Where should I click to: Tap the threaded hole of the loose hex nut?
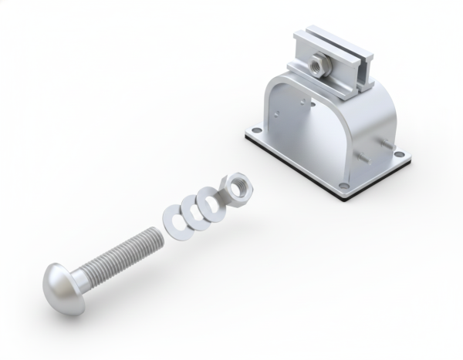pos(235,185)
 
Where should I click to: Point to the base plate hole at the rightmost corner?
pos(398,153)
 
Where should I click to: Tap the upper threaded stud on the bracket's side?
pos(383,142)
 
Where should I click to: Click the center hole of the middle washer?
pos(194,207)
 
